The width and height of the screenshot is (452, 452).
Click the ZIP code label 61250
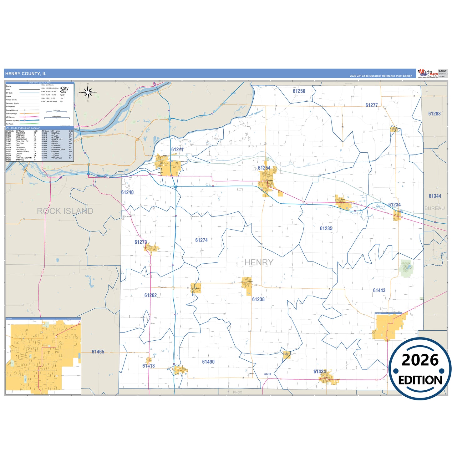299,91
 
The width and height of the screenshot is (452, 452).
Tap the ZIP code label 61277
372,105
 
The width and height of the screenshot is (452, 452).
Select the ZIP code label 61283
434,114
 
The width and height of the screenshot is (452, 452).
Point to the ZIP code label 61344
435,196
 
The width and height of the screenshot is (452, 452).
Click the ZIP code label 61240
127,192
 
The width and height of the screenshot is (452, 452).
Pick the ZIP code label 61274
201,240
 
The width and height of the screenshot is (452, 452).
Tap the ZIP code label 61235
326,229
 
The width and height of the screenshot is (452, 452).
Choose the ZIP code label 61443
379,291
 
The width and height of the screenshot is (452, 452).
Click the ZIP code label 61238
258,299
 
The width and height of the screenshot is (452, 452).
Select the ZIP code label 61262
150,295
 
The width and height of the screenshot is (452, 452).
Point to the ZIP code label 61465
98,352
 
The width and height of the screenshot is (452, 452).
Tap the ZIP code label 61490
208,362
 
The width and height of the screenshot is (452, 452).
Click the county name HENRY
259,262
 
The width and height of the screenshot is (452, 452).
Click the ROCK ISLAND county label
65,211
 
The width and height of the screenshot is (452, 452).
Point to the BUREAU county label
434,208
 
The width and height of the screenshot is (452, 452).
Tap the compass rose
88,92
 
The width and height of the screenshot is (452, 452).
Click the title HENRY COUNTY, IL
26,74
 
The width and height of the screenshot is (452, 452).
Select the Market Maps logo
427,74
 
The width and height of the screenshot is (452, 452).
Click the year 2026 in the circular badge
420,360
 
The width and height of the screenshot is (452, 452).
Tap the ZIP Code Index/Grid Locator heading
23,128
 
